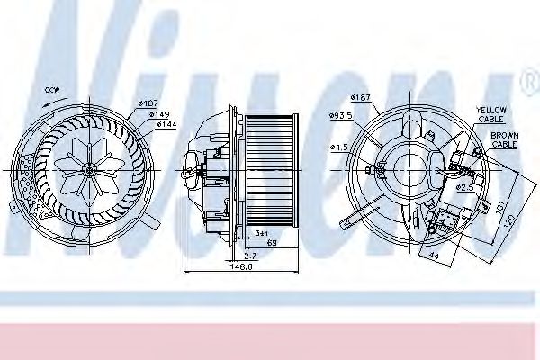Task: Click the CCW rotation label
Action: tap(52, 92)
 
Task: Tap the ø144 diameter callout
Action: tap(166, 125)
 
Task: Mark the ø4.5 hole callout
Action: tap(338, 147)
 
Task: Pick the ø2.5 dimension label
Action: tap(464, 187)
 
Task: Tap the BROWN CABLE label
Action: tap(505, 140)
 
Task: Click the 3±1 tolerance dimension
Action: tap(261, 233)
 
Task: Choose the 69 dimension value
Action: tap(270, 244)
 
